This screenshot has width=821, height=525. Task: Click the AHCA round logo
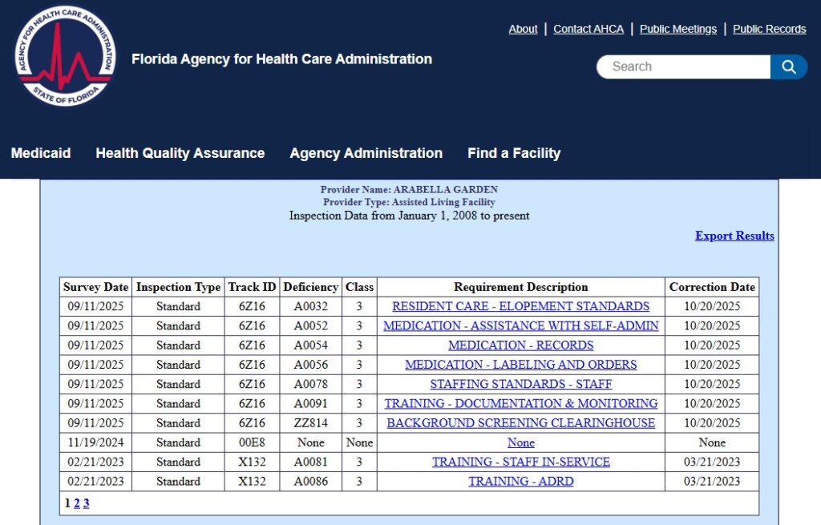[65, 57]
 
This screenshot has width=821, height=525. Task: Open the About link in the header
[523, 29]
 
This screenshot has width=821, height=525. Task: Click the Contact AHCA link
[588, 29]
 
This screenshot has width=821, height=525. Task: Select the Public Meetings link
[678, 29]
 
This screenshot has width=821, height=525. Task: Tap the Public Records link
[769, 29]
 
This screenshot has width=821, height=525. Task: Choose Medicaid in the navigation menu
[41, 153]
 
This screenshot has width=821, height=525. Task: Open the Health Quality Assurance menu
[180, 153]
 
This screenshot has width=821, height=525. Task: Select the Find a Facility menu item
[514, 153]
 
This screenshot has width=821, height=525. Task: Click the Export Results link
[734, 236]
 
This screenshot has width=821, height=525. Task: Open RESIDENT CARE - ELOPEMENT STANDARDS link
[520, 306]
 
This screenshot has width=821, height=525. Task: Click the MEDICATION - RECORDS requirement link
[520, 345]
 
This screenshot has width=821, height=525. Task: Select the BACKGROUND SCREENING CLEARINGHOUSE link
[520, 423]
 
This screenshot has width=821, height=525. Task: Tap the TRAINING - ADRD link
[520, 482]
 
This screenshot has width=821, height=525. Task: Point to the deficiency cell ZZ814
[311, 423]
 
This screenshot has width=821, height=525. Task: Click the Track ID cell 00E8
[252, 442]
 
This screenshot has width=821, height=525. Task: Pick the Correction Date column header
[712, 287]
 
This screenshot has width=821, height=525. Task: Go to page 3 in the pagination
[87, 503]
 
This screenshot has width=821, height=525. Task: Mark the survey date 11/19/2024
[95, 442]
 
